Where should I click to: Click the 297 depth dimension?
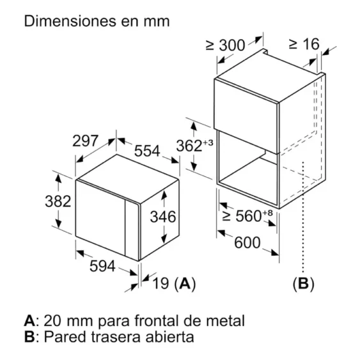pyautogui.click(x=85, y=141)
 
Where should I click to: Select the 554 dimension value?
pyautogui.click(x=147, y=151)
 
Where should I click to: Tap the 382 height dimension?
pyautogui.click(x=58, y=201)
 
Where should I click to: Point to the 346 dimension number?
pyautogui.click(x=163, y=217)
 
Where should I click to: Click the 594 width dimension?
pyautogui.click(x=102, y=266)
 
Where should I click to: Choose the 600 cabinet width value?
pyautogui.click(x=247, y=243)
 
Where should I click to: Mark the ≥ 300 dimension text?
pyautogui.click(x=226, y=45)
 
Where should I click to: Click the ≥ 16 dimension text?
pyautogui.click(x=304, y=43)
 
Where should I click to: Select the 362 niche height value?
pyautogui.click(x=189, y=146)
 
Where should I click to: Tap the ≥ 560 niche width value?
pyautogui.click(x=242, y=216)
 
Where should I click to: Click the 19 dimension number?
pyautogui.click(x=160, y=283)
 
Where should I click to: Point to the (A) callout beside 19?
pyautogui.click(x=185, y=283)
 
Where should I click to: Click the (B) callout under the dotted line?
pyautogui.click(x=303, y=283)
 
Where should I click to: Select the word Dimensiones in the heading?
pyautogui.click(x=70, y=21)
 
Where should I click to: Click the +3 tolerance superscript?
pyautogui.click(x=208, y=143)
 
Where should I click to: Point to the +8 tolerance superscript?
pyautogui.click(x=267, y=213)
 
